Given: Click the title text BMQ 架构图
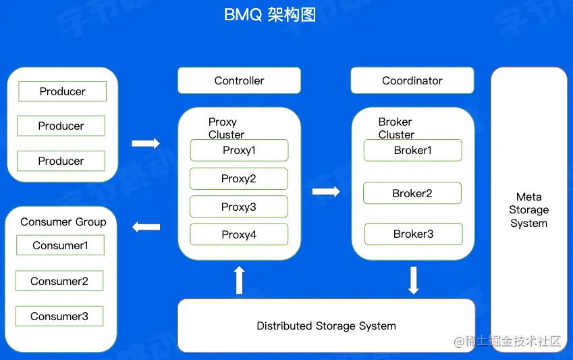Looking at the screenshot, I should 270,16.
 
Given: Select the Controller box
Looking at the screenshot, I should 239,80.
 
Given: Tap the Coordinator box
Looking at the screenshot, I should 412,80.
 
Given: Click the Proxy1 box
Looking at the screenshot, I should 239,150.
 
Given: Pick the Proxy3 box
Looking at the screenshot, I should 238,207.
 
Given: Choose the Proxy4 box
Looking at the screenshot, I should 239,234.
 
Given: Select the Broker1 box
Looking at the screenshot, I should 412,150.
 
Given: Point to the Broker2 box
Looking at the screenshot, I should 412,193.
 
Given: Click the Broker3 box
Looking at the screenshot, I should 413,234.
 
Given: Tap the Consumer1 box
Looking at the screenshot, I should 60,245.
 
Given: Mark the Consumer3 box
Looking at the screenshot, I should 59,316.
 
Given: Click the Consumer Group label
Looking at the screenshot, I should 63,222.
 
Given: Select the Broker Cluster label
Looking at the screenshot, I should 396,128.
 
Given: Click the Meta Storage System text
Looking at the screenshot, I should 528,210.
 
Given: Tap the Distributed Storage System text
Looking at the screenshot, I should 326,326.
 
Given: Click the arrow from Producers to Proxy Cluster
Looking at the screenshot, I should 146,143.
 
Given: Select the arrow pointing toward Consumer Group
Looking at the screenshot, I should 146,227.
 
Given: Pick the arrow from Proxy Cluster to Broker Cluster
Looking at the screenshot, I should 326,192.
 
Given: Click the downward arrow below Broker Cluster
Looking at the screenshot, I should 414,280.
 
